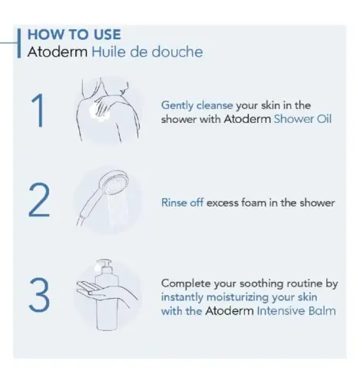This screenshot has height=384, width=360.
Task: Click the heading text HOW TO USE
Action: coord(74,35)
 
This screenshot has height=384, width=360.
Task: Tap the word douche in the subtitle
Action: coord(177,51)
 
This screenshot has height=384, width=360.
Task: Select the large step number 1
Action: coord(38,111)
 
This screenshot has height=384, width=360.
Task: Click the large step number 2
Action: coord(39,200)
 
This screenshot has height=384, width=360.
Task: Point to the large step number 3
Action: coord(39,295)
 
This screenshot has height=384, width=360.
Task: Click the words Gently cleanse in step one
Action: coord(197,105)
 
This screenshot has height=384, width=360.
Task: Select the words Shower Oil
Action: coord(302,119)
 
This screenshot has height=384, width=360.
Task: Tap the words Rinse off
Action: coord(182,203)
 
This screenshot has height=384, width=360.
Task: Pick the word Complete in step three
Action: coord(186,283)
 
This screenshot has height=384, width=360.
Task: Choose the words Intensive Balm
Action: coord(296,311)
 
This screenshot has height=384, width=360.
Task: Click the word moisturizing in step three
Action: coord(238,297)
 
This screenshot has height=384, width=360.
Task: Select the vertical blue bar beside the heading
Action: coord(19,43)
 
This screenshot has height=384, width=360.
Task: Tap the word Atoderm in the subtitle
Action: coord(58,52)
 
